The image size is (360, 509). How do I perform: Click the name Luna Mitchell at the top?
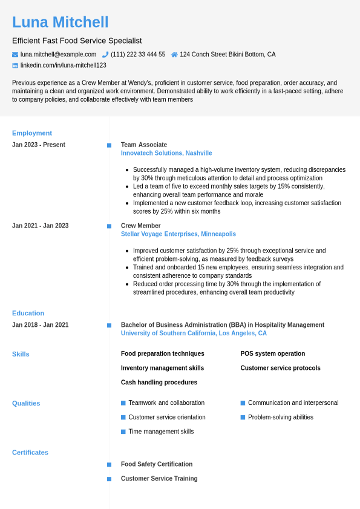(x=61, y=22)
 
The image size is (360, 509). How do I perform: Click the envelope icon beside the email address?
(x=15, y=54)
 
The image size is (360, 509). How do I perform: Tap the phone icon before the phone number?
(x=105, y=54)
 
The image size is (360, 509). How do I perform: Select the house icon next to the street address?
(x=174, y=54)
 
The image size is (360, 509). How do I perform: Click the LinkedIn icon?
(x=15, y=65)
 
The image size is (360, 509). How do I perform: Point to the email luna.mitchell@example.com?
(x=58, y=54)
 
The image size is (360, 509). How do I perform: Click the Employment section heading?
(x=32, y=133)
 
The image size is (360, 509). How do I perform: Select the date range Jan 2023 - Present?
(x=39, y=145)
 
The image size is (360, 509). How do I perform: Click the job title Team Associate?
(x=144, y=145)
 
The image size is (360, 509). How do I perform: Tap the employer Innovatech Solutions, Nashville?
(x=166, y=153)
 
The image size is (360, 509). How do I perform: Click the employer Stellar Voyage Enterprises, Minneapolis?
(x=178, y=234)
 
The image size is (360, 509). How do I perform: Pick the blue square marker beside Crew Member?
(x=110, y=226)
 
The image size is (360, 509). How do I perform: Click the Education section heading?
(x=28, y=314)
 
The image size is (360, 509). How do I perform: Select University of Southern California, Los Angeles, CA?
(x=194, y=333)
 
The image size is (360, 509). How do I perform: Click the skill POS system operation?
(x=272, y=353)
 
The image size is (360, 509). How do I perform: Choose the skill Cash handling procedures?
(x=159, y=383)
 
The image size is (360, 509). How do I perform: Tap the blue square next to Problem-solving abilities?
(x=243, y=417)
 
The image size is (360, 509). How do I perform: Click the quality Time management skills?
(x=161, y=432)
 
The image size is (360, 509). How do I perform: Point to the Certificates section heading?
(x=30, y=453)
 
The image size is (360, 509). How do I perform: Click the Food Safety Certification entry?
(x=157, y=464)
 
